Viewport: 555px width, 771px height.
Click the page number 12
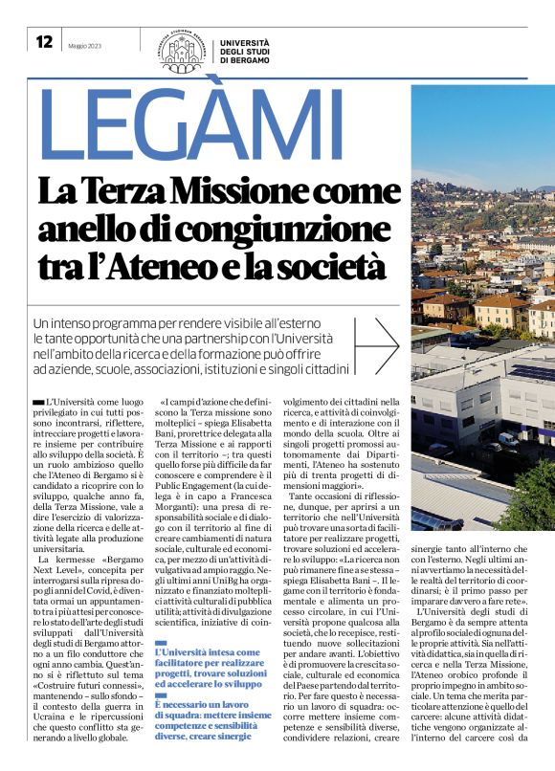coord(44,41)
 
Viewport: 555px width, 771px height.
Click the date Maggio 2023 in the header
coord(82,43)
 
